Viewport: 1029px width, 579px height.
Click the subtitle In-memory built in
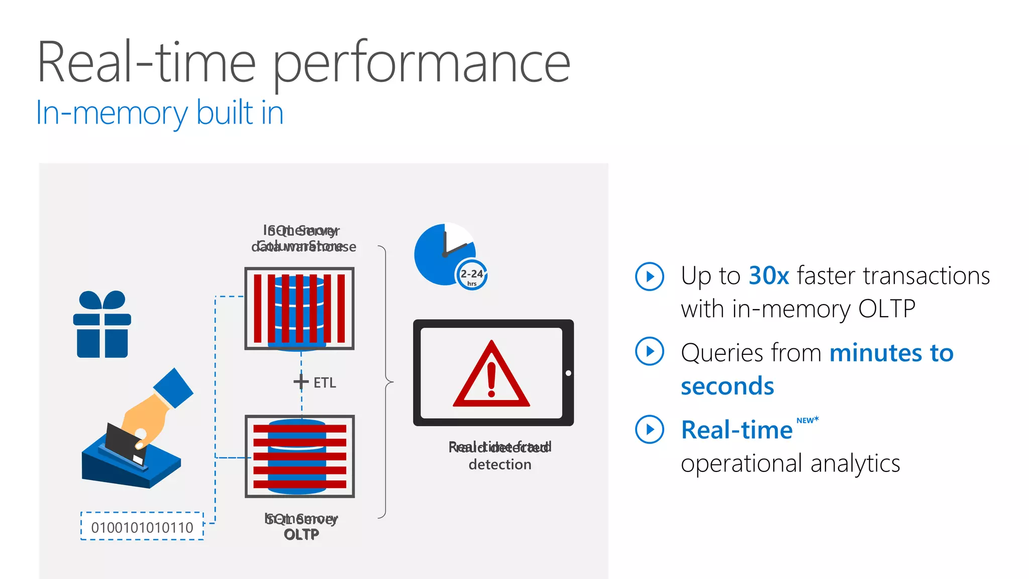click(160, 113)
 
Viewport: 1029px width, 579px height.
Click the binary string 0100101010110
click(142, 527)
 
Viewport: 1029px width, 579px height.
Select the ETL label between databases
click(325, 383)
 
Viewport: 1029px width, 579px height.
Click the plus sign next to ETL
click(301, 381)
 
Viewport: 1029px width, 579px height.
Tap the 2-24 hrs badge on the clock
click(471, 275)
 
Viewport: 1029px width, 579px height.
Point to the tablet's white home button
click(568, 373)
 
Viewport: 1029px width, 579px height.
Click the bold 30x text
click(768, 276)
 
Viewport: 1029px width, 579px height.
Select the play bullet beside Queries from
click(649, 351)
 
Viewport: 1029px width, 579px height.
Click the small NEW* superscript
click(807, 420)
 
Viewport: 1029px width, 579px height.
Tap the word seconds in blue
click(727, 387)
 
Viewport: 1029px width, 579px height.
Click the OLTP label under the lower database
click(301, 535)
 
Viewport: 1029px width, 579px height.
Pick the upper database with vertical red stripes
click(299, 308)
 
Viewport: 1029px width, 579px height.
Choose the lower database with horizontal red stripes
click(299, 456)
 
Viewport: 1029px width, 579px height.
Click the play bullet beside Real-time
click(649, 429)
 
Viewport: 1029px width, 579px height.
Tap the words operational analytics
click(790, 463)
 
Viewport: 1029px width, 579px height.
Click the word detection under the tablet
click(499, 464)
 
